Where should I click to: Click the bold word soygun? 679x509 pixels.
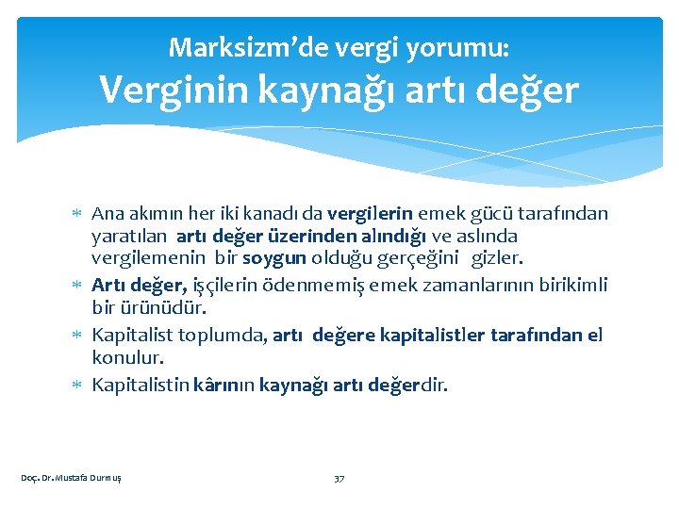point(274,259)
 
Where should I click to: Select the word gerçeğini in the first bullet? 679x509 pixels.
point(417,259)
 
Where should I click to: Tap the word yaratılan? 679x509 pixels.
point(130,237)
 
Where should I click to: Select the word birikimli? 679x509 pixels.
point(568,285)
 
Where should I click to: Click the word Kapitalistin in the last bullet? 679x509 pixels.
point(140,385)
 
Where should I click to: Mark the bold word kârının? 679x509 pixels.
point(224,385)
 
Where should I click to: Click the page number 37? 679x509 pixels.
point(339,478)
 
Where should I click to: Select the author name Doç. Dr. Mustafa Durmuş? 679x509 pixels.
point(72,478)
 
